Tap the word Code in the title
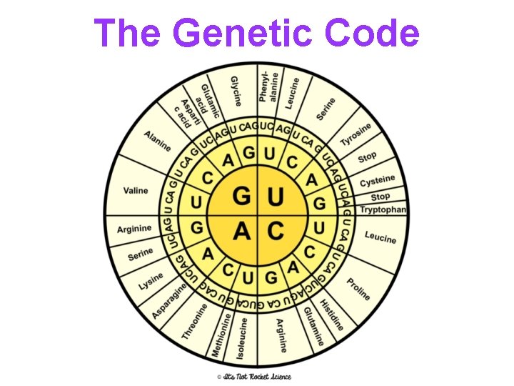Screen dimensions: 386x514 point(371,33)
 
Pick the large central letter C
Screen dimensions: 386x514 point(275,231)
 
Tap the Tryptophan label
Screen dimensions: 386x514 point(383,209)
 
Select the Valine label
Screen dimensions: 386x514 point(136,191)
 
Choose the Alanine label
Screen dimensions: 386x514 point(157,140)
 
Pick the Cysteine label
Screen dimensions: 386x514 point(378,180)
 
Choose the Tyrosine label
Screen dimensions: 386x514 point(356,135)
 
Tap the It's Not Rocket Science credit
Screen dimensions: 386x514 point(256,376)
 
